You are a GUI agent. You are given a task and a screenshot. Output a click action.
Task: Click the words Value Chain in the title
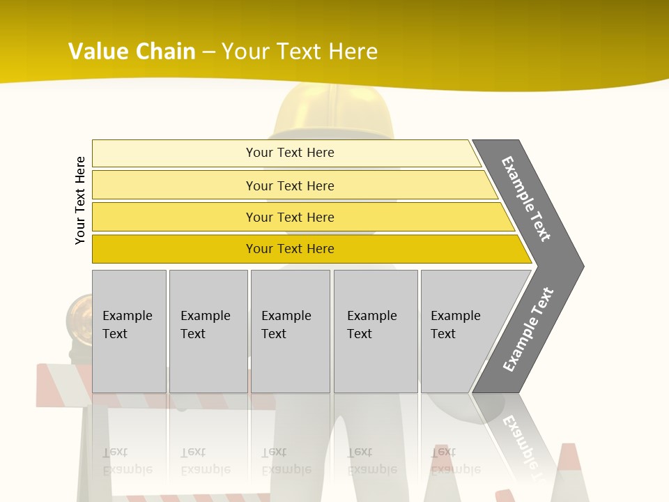click(132, 52)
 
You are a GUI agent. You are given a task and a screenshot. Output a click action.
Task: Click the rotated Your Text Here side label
click(80, 200)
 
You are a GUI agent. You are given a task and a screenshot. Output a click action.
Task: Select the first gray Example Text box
click(129, 331)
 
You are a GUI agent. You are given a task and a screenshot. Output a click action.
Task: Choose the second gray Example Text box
click(208, 331)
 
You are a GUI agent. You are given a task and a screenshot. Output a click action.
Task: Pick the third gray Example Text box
click(290, 331)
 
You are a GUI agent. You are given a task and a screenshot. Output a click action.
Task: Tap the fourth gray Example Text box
click(376, 331)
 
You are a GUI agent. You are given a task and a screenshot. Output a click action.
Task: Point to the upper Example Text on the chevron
click(526, 199)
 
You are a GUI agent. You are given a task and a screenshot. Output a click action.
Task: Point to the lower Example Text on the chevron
click(528, 329)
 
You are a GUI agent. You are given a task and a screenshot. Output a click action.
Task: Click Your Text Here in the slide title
click(300, 52)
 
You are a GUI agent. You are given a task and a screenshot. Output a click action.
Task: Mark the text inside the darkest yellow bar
click(290, 249)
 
